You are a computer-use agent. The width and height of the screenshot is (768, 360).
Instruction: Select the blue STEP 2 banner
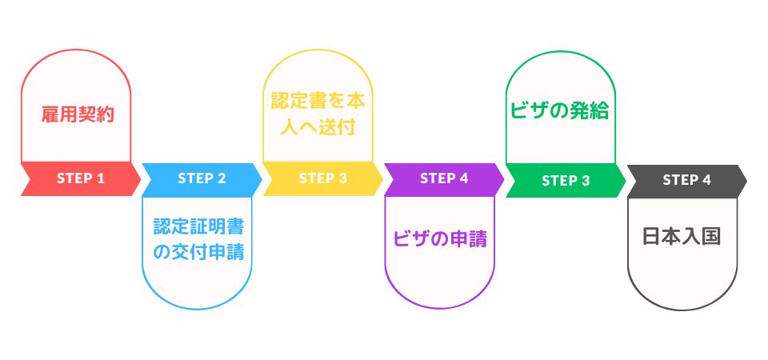[202, 179]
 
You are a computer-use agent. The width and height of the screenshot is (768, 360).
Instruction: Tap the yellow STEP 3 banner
[323, 179]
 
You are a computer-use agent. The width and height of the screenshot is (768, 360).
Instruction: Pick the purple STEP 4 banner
[444, 179]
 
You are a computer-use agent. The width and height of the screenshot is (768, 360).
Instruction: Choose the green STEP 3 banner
[566, 181]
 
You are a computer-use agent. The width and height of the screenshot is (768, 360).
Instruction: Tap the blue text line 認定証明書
[199, 226]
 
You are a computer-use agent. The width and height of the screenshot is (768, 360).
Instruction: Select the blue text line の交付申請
[199, 252]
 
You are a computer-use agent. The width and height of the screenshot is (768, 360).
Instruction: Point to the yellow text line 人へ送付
[318, 127]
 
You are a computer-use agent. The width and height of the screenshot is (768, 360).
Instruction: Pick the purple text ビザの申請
[440, 239]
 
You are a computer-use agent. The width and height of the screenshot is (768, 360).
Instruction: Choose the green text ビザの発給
[560, 111]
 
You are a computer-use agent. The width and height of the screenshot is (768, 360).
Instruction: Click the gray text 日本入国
[682, 237]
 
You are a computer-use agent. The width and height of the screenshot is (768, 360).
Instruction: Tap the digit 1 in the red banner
[101, 178]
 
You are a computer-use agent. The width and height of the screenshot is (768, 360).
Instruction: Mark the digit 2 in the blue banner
[222, 178]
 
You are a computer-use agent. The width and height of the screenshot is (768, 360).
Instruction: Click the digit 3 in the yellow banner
[343, 178]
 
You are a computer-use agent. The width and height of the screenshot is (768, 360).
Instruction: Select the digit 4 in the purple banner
[464, 178]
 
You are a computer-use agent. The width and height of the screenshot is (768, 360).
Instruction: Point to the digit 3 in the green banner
[586, 181]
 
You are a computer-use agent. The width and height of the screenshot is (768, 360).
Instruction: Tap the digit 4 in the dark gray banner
[706, 180]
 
